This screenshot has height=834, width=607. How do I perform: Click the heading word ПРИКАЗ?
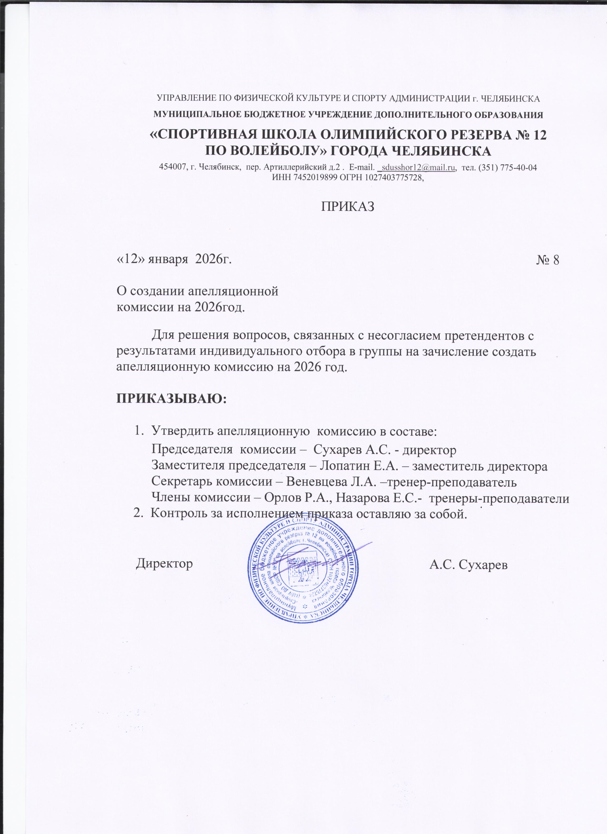pos(348,207)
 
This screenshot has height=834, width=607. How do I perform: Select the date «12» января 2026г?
pos(174,260)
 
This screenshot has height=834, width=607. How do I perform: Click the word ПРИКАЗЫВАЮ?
pos(172,399)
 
